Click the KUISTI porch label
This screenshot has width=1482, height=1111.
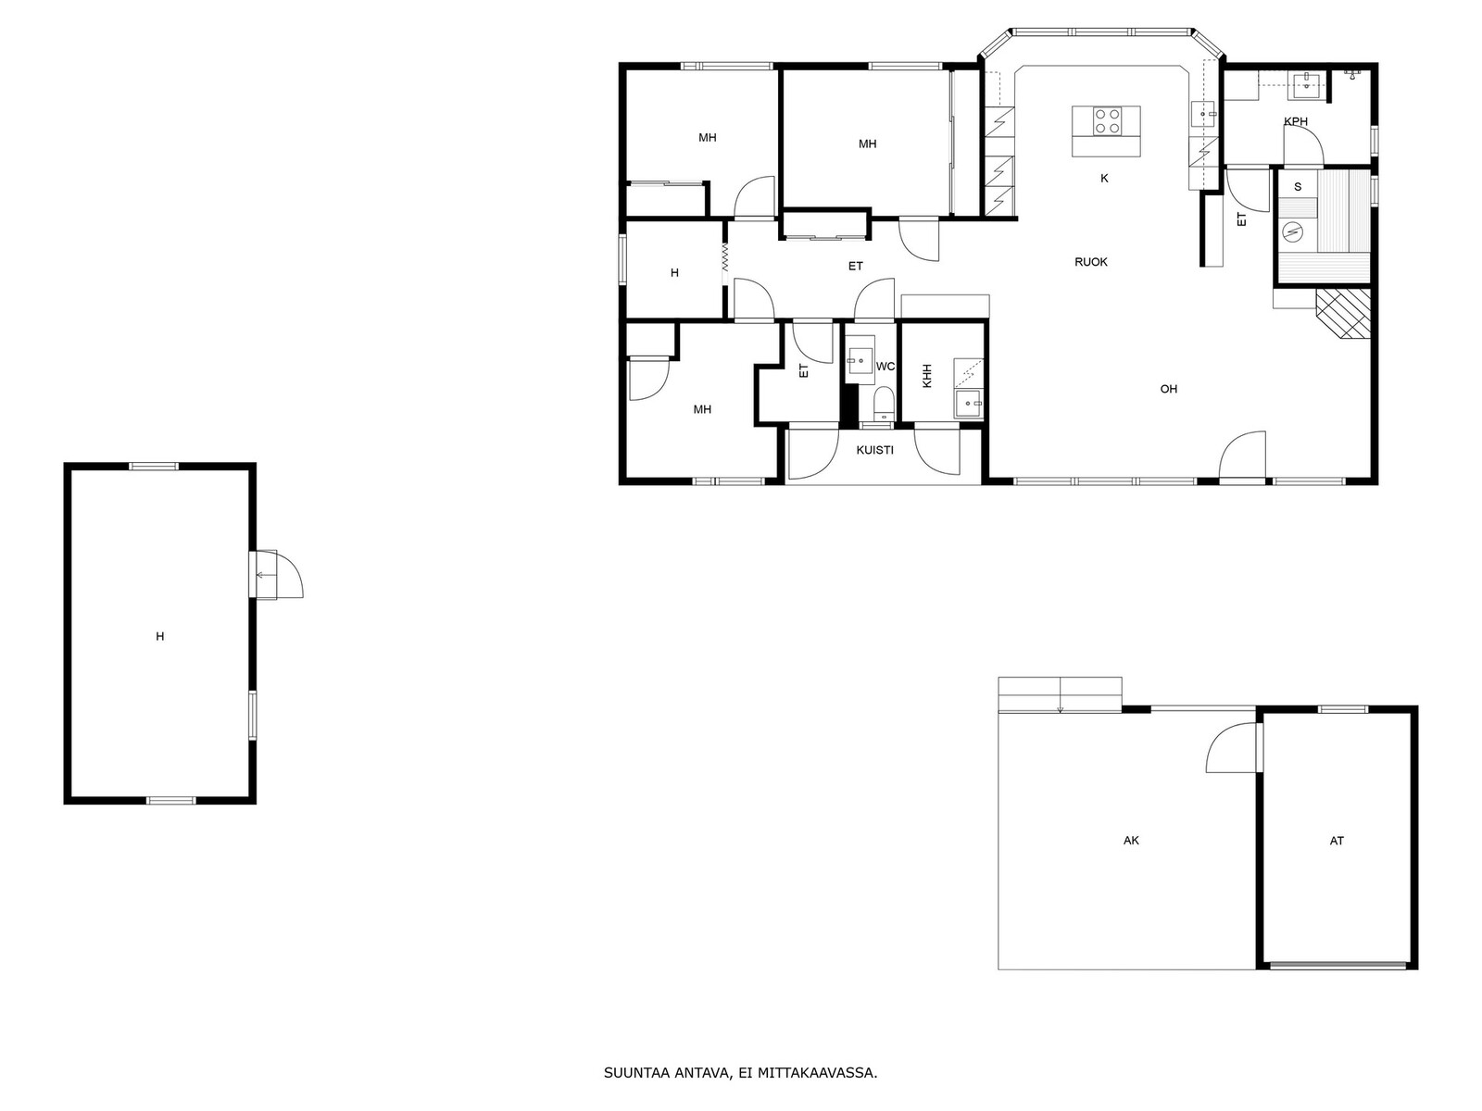pos(874,450)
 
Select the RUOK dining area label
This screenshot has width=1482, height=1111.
pos(1090,262)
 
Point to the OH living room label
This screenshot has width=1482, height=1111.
pos(1168,389)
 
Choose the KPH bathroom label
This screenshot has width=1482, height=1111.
pos(1295,121)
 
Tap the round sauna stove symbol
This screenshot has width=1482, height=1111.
pos(1293,232)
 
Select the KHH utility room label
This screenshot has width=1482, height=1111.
pos(927,376)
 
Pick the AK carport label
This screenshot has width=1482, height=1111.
pos(1131,841)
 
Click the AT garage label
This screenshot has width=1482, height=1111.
pos(1337,841)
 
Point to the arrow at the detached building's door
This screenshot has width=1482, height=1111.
pos(265,575)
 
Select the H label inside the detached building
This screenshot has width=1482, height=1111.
pos(160,636)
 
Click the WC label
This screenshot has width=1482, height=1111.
pos(885,367)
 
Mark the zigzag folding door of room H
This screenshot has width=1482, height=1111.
pos(724,257)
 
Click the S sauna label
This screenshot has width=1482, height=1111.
pos(1297,187)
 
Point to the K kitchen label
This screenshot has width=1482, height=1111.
pos(1104,178)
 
